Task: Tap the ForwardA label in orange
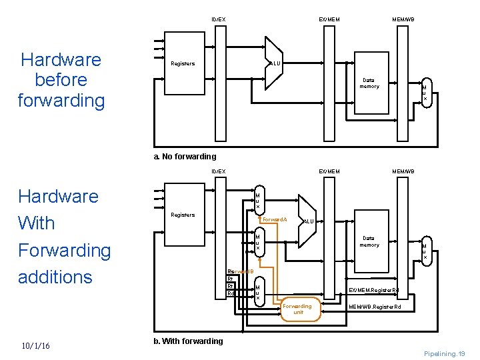click(275, 219)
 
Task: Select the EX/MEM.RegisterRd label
click(374, 290)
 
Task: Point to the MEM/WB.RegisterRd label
click(375, 307)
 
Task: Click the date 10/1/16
click(40, 345)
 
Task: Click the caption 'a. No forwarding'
click(185, 157)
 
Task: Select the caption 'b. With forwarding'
click(188, 341)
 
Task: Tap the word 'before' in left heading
click(61, 80)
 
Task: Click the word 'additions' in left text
click(55, 277)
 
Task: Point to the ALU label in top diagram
click(275, 63)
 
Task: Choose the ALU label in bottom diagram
click(308, 221)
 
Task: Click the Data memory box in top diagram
click(369, 83)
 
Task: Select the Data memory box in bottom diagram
click(369, 241)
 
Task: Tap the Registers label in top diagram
click(183, 64)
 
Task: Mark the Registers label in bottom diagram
click(183, 215)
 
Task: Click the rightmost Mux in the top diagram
click(425, 93)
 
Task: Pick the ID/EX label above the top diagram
click(219, 19)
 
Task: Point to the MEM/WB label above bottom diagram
click(403, 171)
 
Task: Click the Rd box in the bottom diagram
click(231, 293)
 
